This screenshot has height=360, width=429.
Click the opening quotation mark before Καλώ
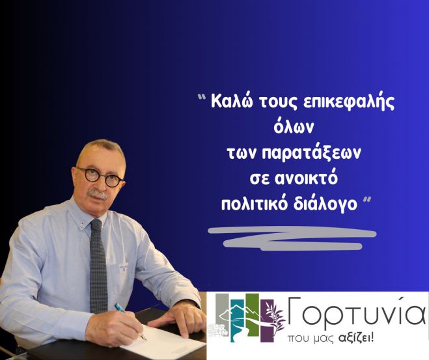coord(202,99)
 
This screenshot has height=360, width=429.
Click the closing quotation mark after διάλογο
coord(368,199)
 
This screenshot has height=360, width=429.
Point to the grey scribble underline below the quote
coord(290,238)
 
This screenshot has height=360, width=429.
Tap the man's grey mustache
coord(99,193)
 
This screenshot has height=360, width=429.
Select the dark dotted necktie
coord(98,267)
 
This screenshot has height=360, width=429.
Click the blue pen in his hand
coord(129,319)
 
